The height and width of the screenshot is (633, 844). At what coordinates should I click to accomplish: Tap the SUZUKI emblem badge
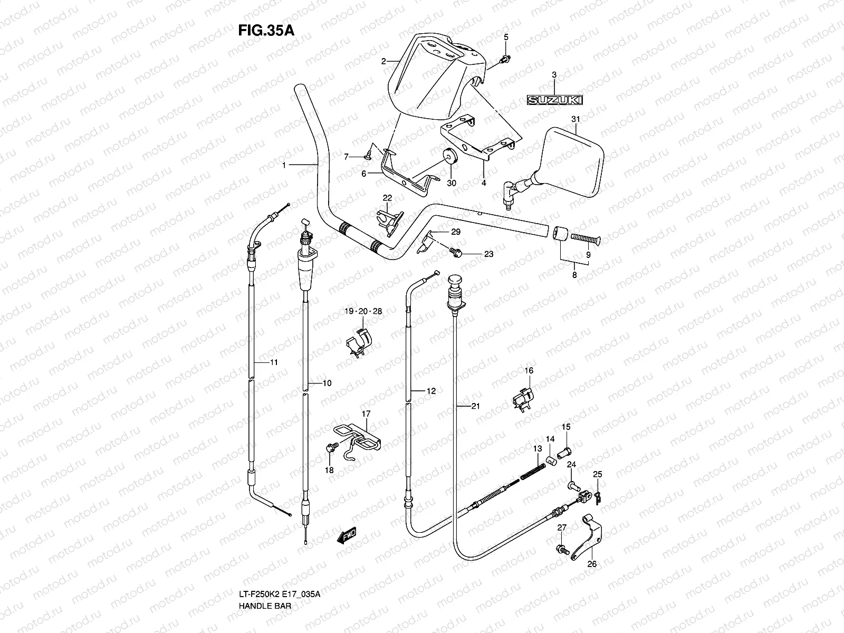coord(553,99)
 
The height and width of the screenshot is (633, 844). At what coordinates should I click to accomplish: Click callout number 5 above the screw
coord(506,37)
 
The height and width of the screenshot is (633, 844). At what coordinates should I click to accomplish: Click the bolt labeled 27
coord(561,550)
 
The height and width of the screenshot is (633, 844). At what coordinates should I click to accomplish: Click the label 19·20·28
coord(363,311)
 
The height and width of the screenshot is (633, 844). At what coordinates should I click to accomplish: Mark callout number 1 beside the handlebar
coord(283,165)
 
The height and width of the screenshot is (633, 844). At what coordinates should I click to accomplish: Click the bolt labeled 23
coord(457,254)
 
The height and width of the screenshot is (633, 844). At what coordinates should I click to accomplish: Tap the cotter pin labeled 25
coord(597,496)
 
